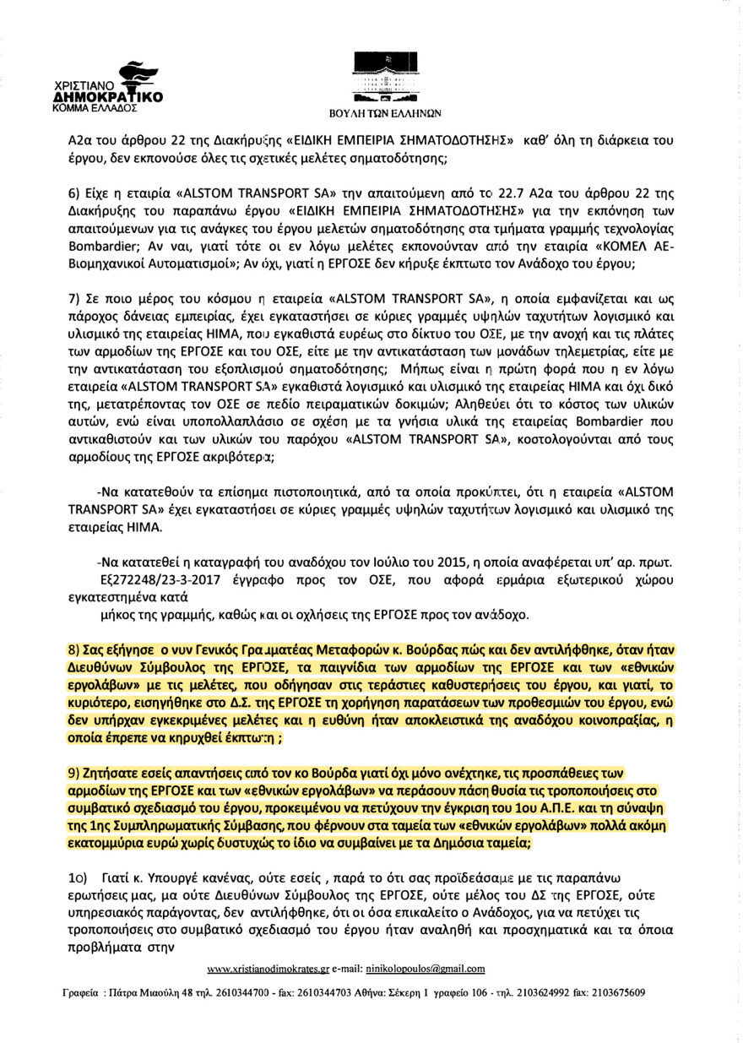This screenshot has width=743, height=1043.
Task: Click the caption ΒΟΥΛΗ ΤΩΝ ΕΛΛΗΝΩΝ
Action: click(x=379, y=111)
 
